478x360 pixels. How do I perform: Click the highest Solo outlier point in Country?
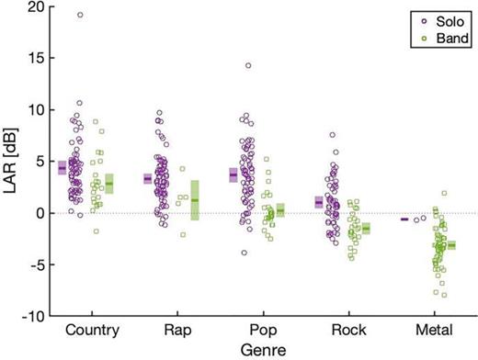pos(80,15)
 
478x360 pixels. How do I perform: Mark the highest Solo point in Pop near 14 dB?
pos(247,65)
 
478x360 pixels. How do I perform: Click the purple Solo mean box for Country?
pos(62,168)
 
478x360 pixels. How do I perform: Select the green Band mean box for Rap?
pos(194,200)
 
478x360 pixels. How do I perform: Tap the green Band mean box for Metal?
pos(451,245)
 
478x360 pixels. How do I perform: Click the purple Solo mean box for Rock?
pos(319,202)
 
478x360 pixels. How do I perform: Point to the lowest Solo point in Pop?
pos(245,253)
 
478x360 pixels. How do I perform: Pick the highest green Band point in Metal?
pos(444,194)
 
